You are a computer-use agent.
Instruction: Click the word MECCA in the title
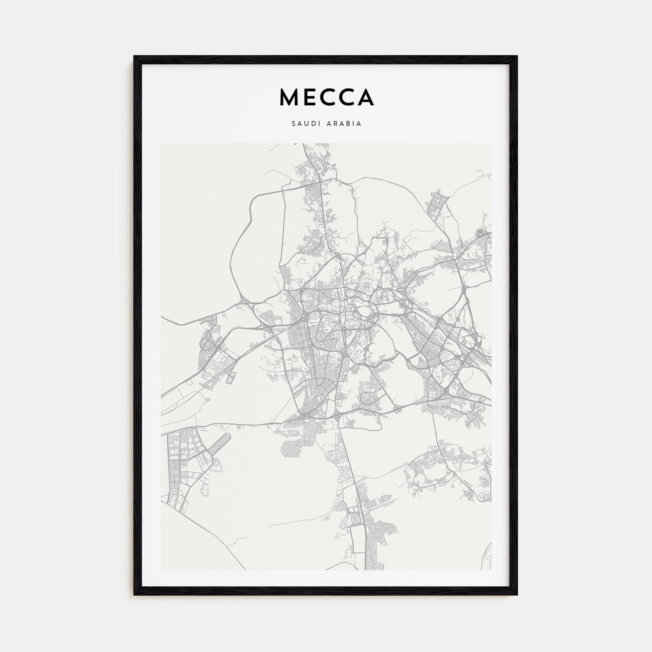tap(326, 97)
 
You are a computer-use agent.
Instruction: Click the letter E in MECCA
tap(308, 97)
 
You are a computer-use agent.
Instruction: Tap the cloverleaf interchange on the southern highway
tap(397, 410)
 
